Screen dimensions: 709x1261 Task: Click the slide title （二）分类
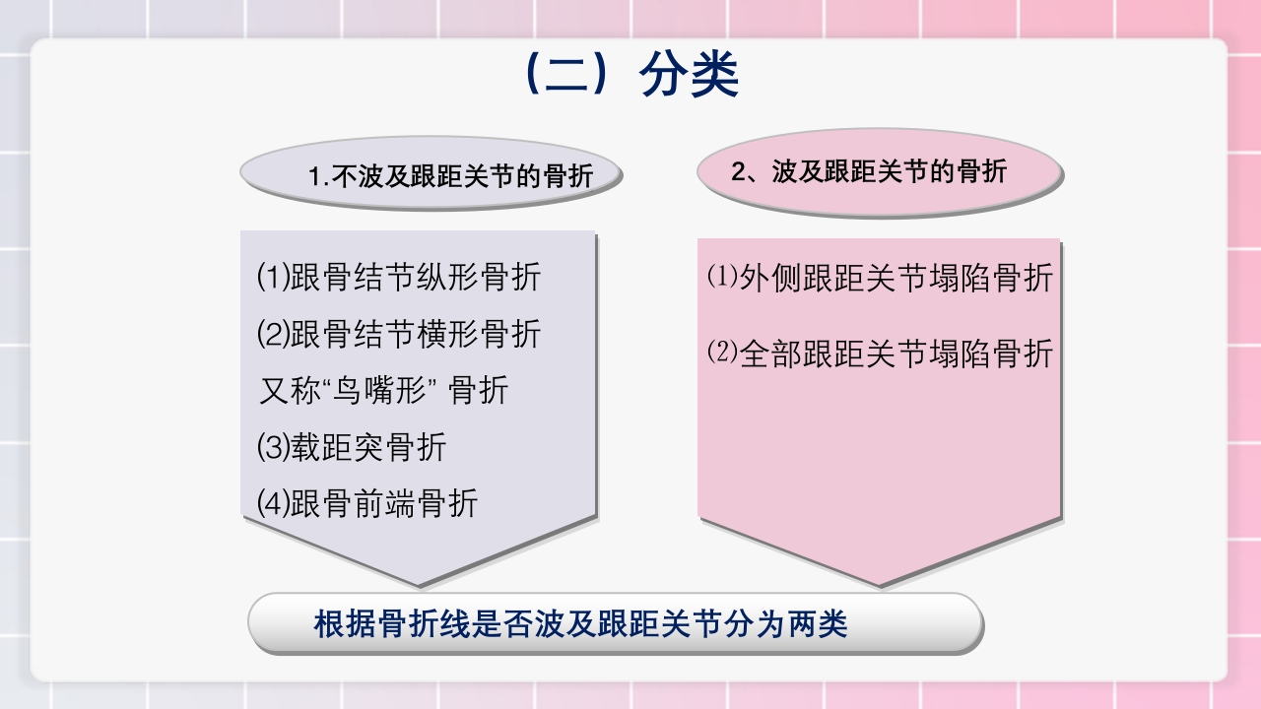point(631,75)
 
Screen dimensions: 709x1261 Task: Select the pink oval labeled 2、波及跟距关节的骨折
point(879,171)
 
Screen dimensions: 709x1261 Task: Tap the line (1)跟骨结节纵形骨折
point(399,278)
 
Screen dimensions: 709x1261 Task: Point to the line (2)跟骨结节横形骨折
point(399,335)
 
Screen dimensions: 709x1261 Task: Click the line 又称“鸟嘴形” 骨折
point(383,391)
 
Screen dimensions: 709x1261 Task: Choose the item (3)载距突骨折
point(352,447)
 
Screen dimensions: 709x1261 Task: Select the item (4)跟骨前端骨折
point(367,503)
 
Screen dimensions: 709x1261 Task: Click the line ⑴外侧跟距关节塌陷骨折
point(880,278)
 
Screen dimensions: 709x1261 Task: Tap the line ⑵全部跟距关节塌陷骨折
point(880,354)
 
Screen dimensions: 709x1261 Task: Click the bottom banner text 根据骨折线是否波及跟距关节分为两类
point(580,624)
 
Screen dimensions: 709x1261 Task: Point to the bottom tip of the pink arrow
point(880,585)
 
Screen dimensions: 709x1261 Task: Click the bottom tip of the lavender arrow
point(420,586)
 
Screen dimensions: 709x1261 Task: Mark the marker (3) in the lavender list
point(273,447)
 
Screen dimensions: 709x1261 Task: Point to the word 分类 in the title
point(690,75)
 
